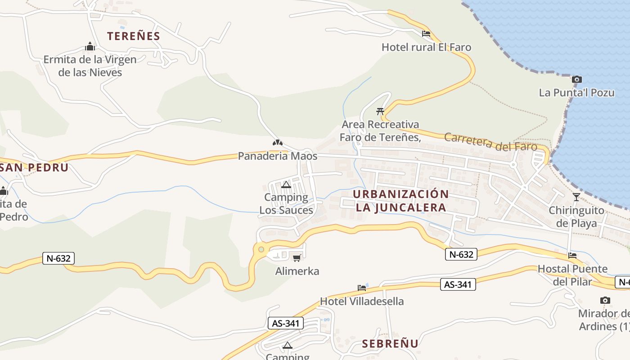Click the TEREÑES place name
[x=134, y=36]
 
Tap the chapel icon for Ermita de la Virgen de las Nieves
[x=90, y=46]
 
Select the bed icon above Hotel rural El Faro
[x=426, y=34]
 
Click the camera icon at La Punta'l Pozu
[x=576, y=80]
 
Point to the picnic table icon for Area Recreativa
[x=380, y=111]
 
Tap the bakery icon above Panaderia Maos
[x=278, y=143]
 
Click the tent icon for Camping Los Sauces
[x=286, y=184]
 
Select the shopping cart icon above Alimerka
[x=297, y=258]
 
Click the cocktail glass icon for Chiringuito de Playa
[x=576, y=197]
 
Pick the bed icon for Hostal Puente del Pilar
[x=572, y=256]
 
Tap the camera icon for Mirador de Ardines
[x=605, y=300]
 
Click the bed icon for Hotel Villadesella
[x=362, y=288]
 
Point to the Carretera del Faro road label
[x=490, y=142]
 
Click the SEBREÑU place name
[x=390, y=344]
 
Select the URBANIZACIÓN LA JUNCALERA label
[x=400, y=201]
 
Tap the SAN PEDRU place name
[x=34, y=167]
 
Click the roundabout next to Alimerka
[x=261, y=249]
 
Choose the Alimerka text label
[x=297, y=271]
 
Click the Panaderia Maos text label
[x=278, y=156]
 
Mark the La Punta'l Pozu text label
[x=576, y=93]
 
